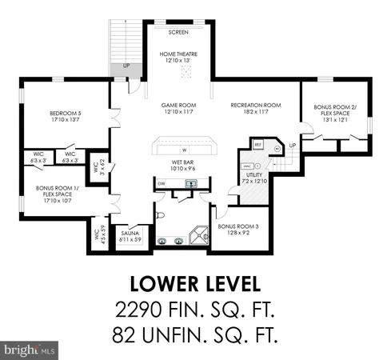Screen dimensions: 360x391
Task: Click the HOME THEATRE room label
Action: coord(179,54)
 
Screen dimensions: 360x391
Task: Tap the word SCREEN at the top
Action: coord(178,33)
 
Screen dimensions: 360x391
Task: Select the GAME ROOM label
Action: coord(179,105)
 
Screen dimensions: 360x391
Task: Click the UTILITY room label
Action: coord(253,175)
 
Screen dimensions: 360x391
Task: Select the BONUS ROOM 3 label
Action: coord(238,226)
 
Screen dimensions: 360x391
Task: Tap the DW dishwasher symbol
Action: coord(162,183)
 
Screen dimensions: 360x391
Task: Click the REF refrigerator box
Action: coord(257,145)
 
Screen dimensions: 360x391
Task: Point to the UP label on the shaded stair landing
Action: coord(126,66)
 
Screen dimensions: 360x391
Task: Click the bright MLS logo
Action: coord(30,350)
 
